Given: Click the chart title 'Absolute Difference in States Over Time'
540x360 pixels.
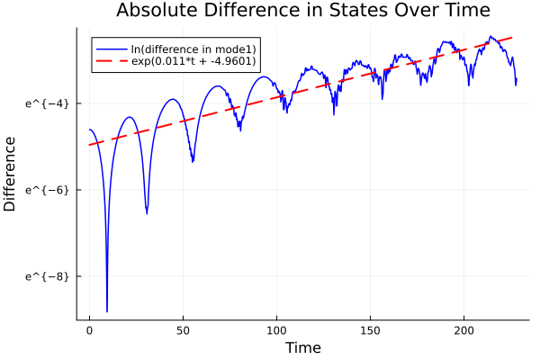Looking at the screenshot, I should (302, 11).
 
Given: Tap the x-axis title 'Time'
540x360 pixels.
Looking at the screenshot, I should (302, 347).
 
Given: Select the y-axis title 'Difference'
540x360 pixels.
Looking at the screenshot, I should (10, 174).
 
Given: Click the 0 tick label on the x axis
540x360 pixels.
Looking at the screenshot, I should (89, 331).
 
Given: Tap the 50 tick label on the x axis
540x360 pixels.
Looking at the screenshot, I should (183, 331).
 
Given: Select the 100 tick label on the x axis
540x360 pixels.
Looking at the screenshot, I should (276, 331).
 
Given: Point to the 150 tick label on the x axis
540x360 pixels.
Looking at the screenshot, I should (370, 331).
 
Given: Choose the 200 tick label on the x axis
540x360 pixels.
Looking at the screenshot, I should (463, 331).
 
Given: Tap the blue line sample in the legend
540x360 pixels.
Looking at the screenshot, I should (112, 48).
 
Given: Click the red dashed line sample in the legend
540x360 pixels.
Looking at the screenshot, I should (112, 61).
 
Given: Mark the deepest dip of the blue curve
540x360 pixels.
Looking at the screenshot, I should (107, 311).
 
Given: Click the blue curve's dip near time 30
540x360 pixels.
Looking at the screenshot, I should (147, 213).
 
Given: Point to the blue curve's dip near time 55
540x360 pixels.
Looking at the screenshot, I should (193, 161).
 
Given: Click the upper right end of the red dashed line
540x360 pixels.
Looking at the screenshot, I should (513, 37).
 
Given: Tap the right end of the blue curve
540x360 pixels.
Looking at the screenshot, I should (517, 83).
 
